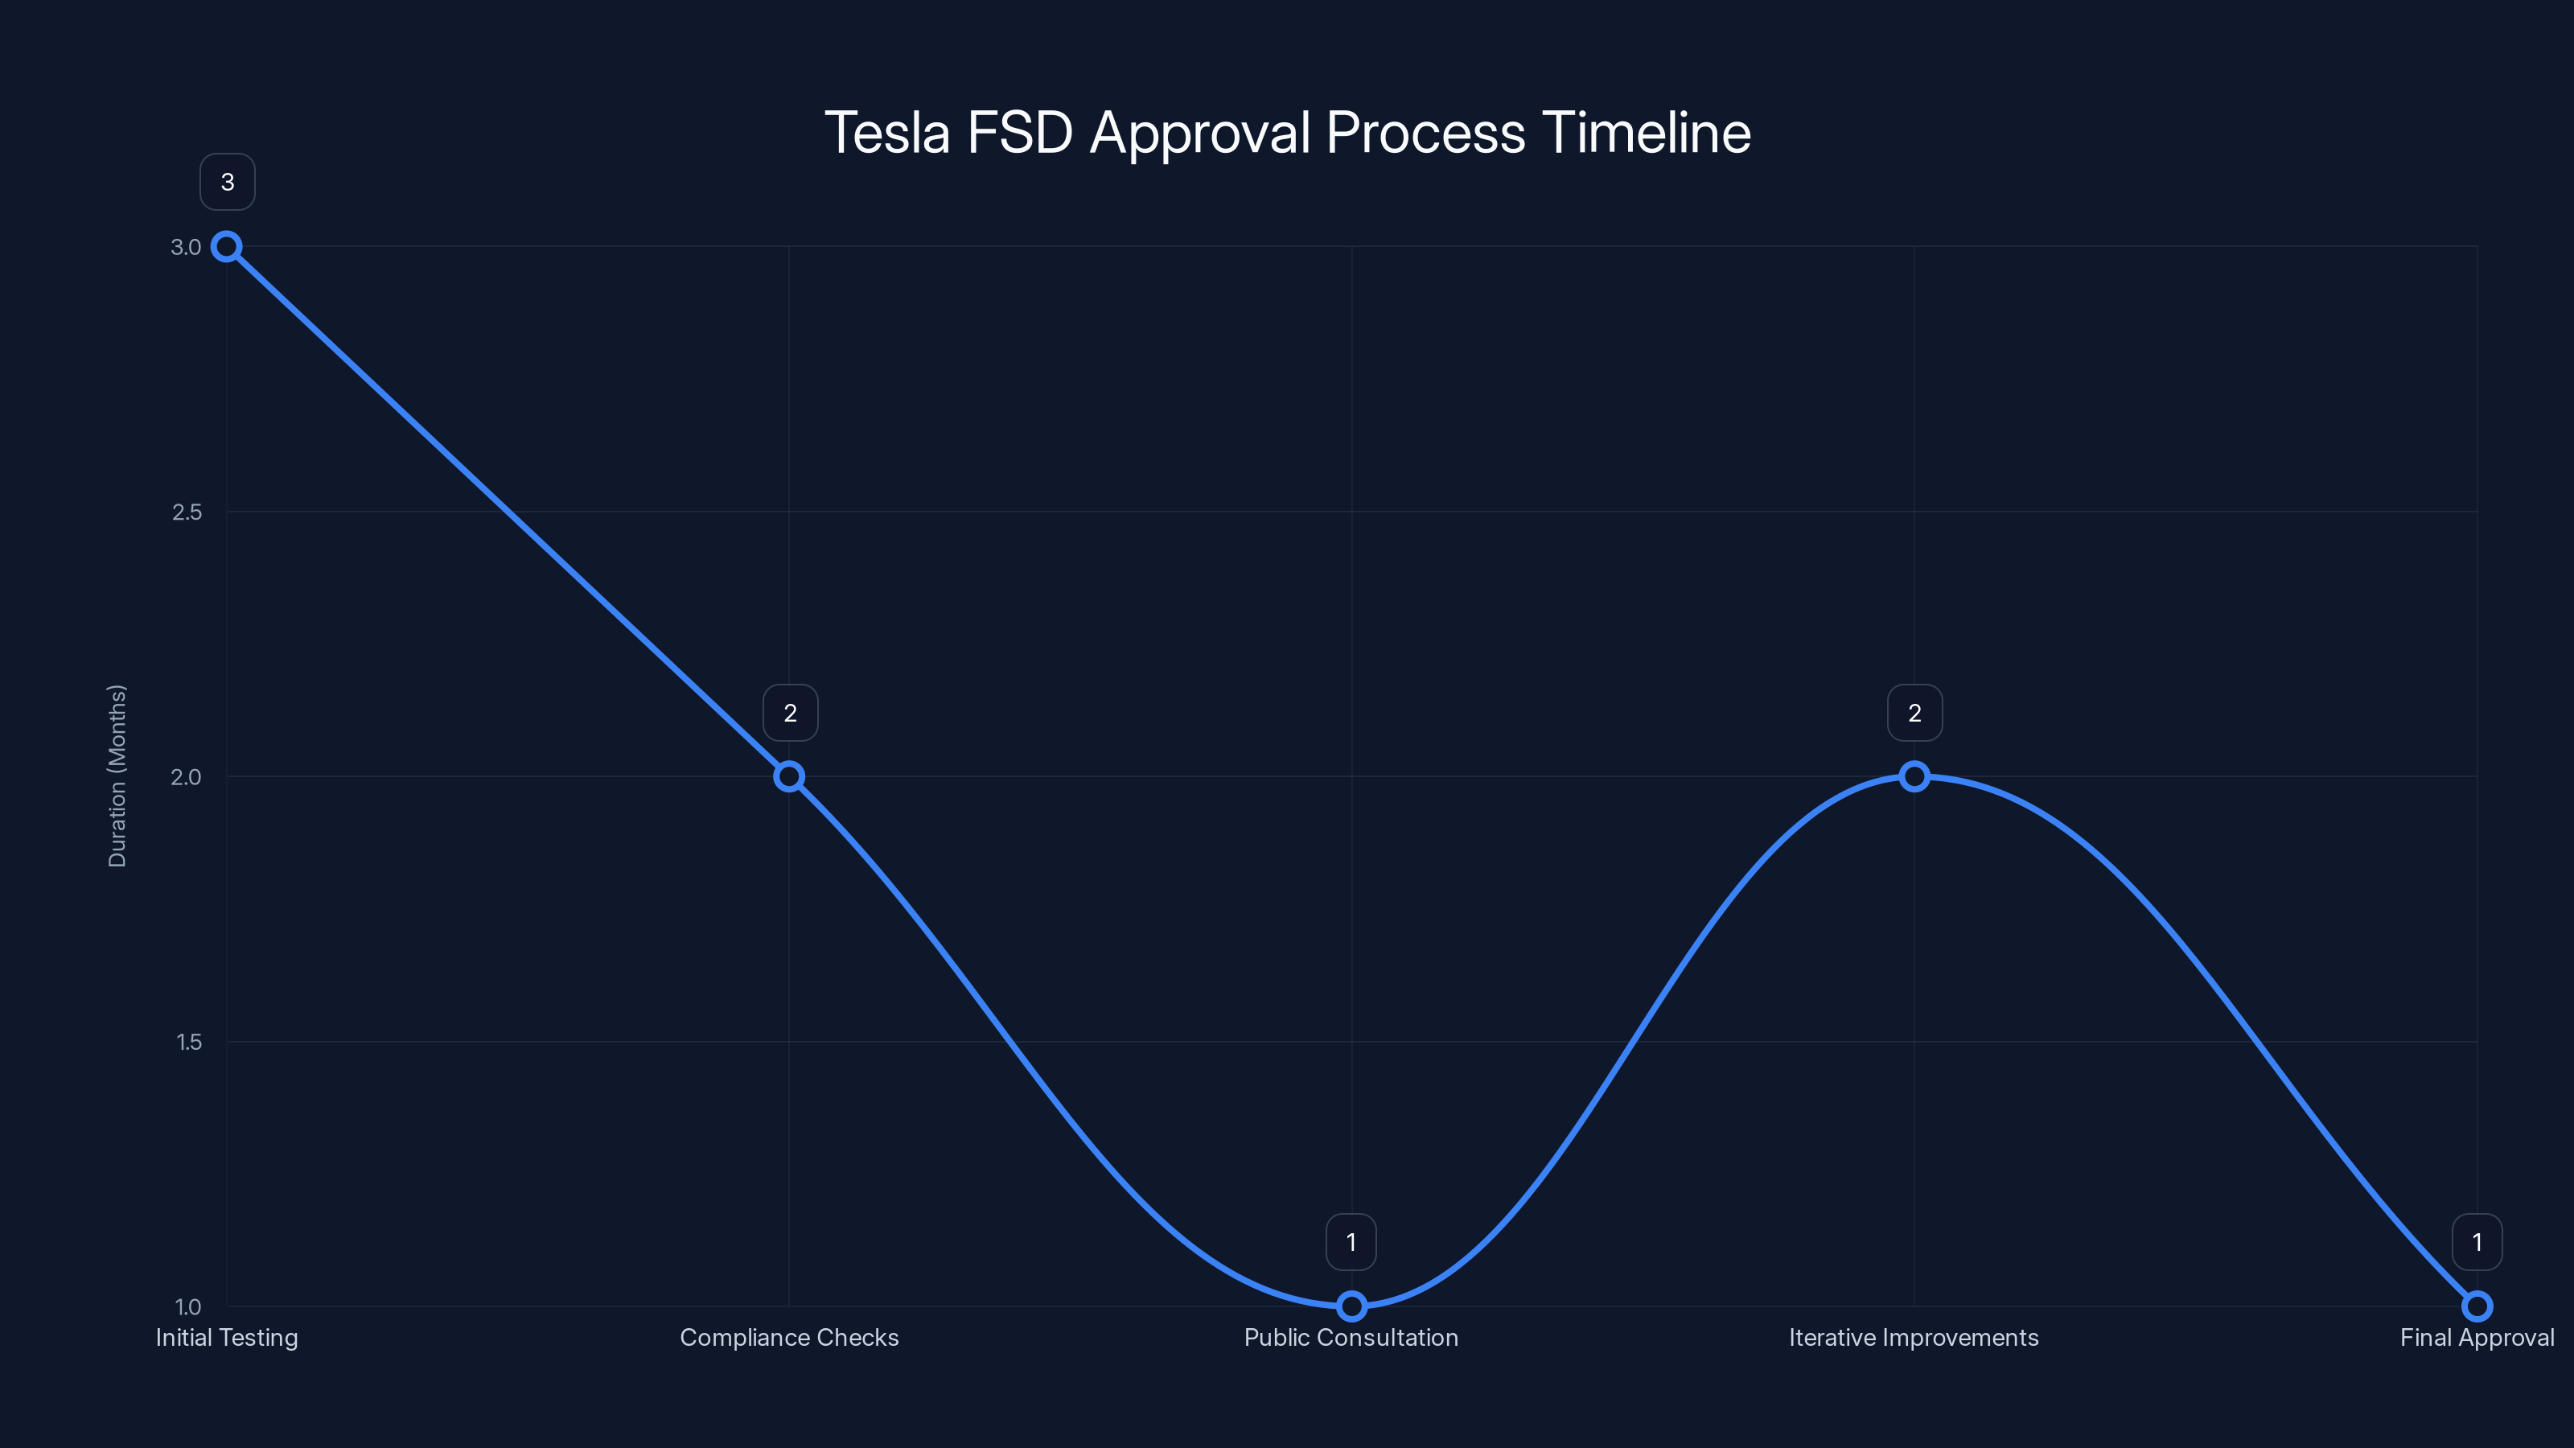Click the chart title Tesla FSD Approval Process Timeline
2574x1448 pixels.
(x=1287, y=133)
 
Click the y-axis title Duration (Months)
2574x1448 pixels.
(x=117, y=775)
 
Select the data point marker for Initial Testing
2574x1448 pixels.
(x=227, y=247)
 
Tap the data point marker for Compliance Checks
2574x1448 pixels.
(x=789, y=776)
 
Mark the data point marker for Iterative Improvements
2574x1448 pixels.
(x=1914, y=776)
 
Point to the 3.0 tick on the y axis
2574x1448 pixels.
(x=186, y=247)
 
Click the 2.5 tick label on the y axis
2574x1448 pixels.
(x=187, y=512)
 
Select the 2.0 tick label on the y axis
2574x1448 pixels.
(x=186, y=776)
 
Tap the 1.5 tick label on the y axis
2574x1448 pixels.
(x=189, y=1041)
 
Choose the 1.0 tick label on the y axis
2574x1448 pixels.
(x=188, y=1306)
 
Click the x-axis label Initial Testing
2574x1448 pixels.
(x=227, y=1337)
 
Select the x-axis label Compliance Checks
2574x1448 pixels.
(x=789, y=1337)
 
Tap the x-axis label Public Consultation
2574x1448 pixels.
(x=1351, y=1337)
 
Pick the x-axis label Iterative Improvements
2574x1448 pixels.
(x=1914, y=1337)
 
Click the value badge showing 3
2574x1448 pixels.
(x=228, y=182)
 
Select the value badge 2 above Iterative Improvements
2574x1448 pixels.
(x=1914, y=713)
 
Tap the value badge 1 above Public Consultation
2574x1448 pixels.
(x=1351, y=1242)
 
